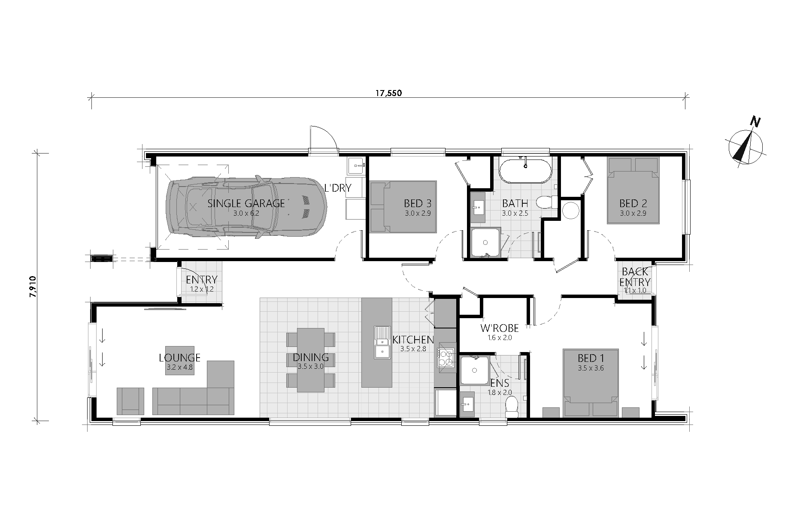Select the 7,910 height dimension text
coord(33,286)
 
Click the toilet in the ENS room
coord(512,407)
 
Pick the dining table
coord(311,359)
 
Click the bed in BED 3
coord(403,207)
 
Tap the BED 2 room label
coord(633,203)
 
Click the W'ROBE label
coord(499,328)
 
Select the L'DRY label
coord(338,188)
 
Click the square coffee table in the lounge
coord(179,360)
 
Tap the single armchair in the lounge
coord(130,401)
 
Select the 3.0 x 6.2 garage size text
coord(246,213)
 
